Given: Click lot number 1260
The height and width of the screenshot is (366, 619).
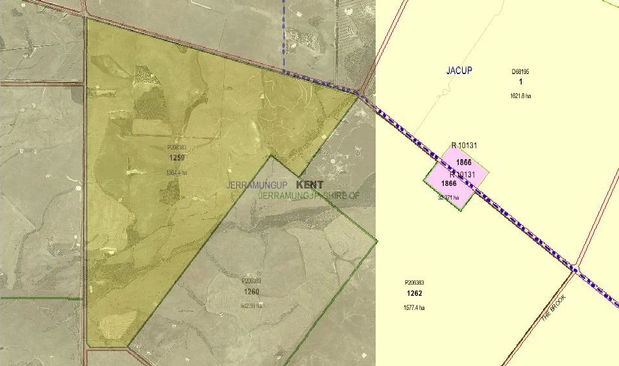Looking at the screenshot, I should [251, 292].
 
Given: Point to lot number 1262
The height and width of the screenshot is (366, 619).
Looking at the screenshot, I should [415, 293].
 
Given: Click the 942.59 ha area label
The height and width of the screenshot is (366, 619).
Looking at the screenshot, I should [250, 306].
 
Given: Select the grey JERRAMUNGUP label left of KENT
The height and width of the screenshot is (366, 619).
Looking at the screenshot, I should [257, 185].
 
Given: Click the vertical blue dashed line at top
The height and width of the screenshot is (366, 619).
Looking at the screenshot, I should [284, 33].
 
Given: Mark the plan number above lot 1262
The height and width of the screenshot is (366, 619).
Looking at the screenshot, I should [414, 283].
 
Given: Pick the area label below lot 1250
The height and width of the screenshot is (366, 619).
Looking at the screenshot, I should [176, 173].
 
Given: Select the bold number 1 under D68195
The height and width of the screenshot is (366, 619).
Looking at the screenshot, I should [521, 83].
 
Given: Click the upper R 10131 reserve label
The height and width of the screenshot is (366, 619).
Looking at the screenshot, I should [464, 144].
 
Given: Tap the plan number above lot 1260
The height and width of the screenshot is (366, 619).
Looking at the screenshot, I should [250, 281].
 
